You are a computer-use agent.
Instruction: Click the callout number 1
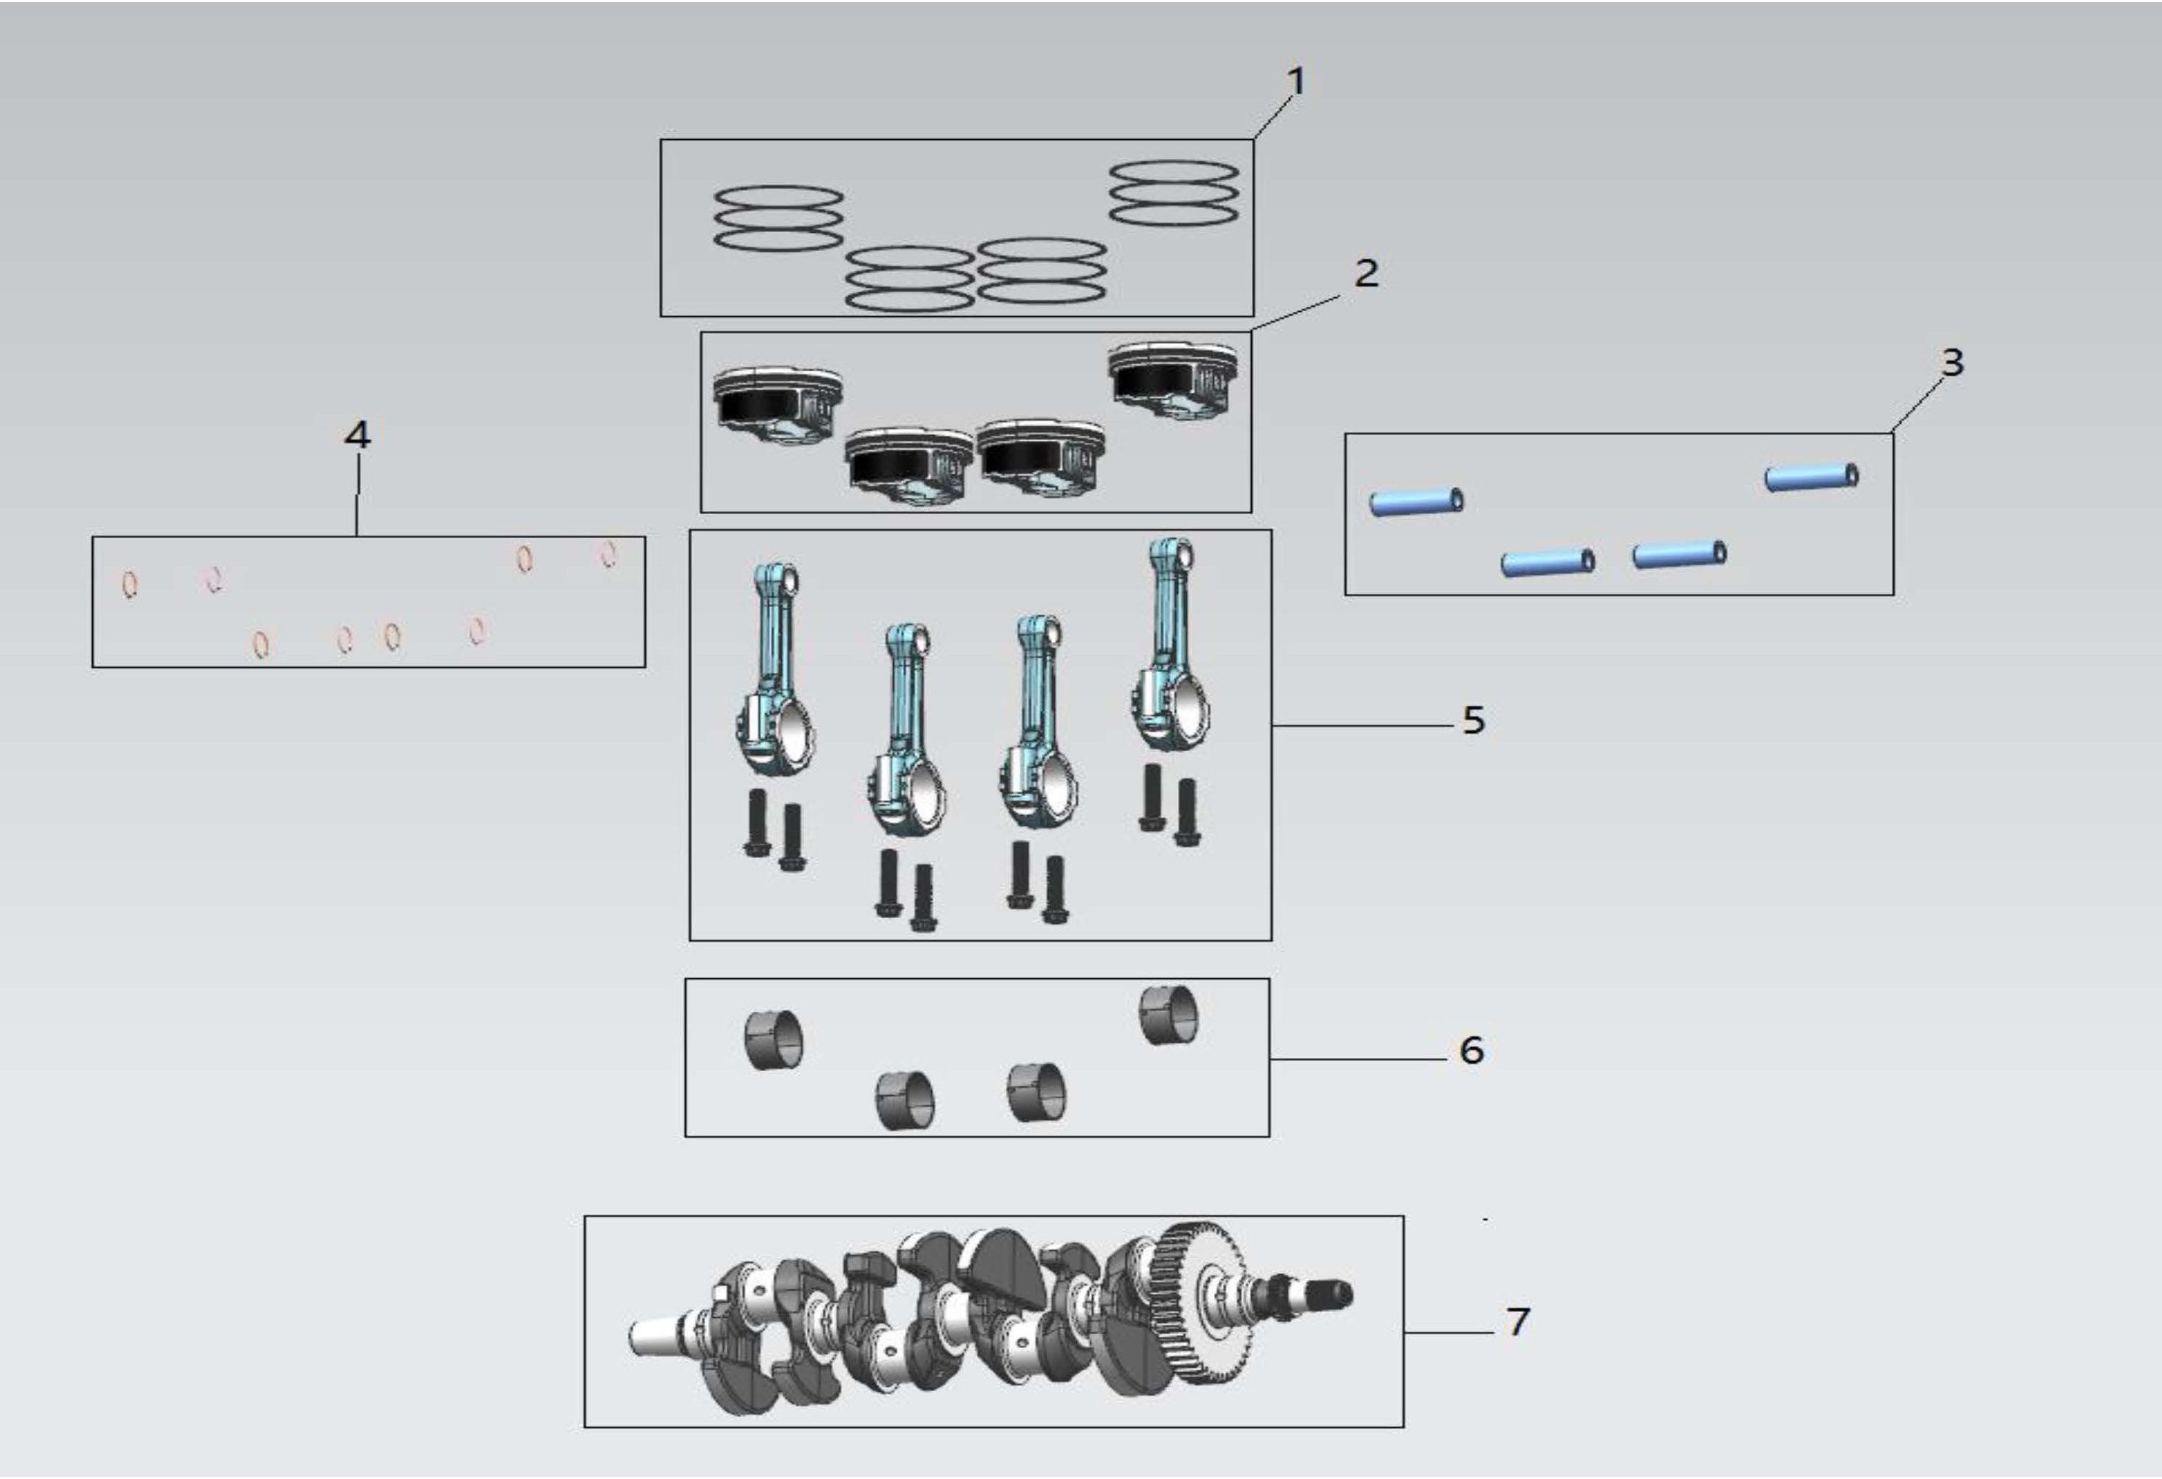click(1295, 81)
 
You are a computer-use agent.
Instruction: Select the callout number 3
click(1952, 362)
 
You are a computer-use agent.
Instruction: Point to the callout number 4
click(357, 434)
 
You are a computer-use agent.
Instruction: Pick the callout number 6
click(1472, 1049)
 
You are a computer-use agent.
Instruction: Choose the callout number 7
click(1518, 1321)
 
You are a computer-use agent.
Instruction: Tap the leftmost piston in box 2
click(779, 407)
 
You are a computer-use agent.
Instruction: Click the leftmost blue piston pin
click(1417, 502)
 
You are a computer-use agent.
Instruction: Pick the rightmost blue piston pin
click(1812, 477)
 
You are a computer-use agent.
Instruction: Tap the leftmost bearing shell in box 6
click(774, 1039)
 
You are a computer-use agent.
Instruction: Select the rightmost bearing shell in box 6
click(1169, 1015)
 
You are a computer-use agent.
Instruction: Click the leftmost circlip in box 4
click(131, 585)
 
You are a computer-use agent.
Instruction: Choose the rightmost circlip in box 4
click(608, 554)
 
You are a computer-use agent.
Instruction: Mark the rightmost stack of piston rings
click(1174, 193)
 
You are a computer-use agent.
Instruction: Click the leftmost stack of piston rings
click(779, 219)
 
